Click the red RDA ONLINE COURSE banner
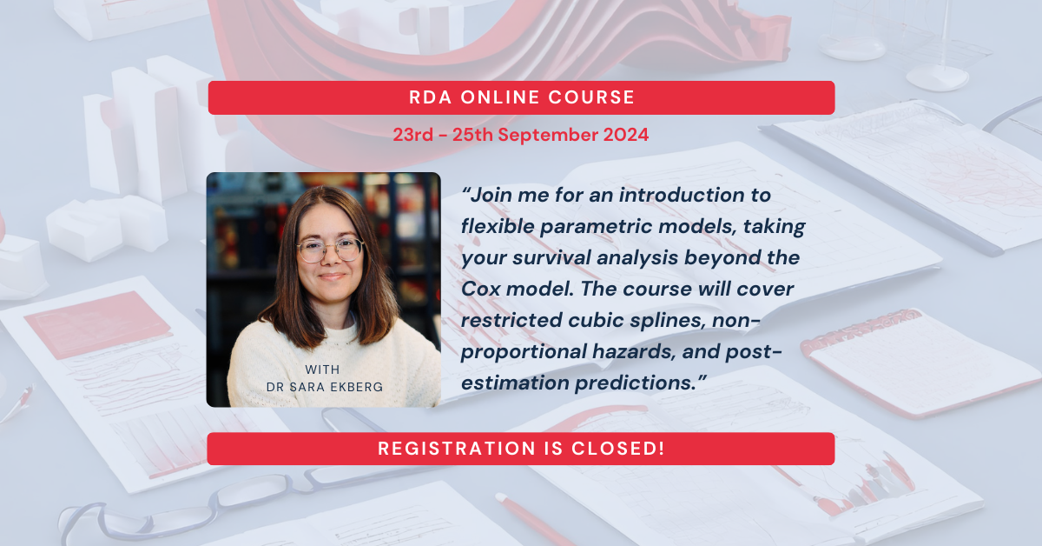(x=521, y=97)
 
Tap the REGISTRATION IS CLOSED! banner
(x=521, y=449)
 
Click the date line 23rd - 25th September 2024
(x=521, y=136)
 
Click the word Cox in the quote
(x=480, y=289)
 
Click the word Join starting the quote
(x=486, y=196)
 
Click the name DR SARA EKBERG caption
(x=323, y=386)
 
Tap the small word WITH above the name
(x=323, y=370)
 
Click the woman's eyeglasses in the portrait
(x=329, y=250)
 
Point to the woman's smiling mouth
(x=332, y=277)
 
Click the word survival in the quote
(x=538, y=258)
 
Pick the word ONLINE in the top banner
(x=496, y=97)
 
